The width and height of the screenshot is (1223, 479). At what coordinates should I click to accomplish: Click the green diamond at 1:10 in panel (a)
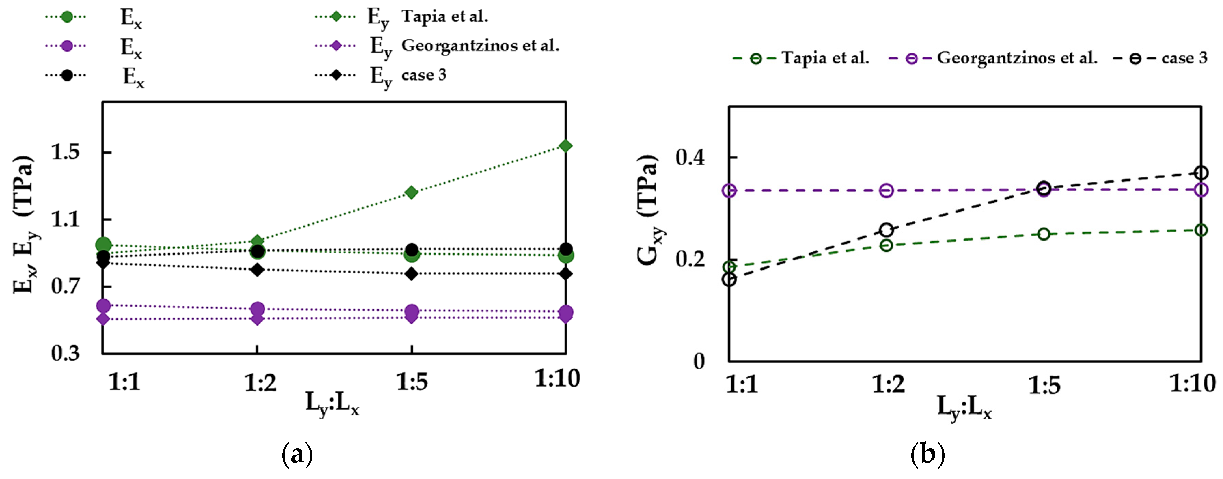click(x=565, y=146)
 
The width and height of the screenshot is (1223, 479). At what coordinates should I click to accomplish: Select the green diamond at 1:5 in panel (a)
click(x=411, y=192)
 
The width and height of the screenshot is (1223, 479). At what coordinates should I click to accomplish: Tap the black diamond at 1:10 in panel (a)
click(x=565, y=274)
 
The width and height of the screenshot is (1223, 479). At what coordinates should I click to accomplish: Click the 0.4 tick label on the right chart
click(x=690, y=158)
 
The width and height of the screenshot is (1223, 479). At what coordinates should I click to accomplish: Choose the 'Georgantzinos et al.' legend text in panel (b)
click(x=1017, y=58)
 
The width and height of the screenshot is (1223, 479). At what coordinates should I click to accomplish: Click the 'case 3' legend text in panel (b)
click(x=1184, y=58)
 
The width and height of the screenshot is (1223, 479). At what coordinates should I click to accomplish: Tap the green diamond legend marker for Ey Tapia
click(x=336, y=17)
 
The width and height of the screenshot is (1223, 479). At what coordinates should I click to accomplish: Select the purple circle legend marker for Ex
click(x=67, y=46)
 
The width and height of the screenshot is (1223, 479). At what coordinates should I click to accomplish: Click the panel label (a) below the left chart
click(x=297, y=454)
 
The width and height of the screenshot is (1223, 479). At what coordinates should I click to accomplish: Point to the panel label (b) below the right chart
click(x=927, y=454)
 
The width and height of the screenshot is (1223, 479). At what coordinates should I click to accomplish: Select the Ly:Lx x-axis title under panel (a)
click(x=332, y=404)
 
